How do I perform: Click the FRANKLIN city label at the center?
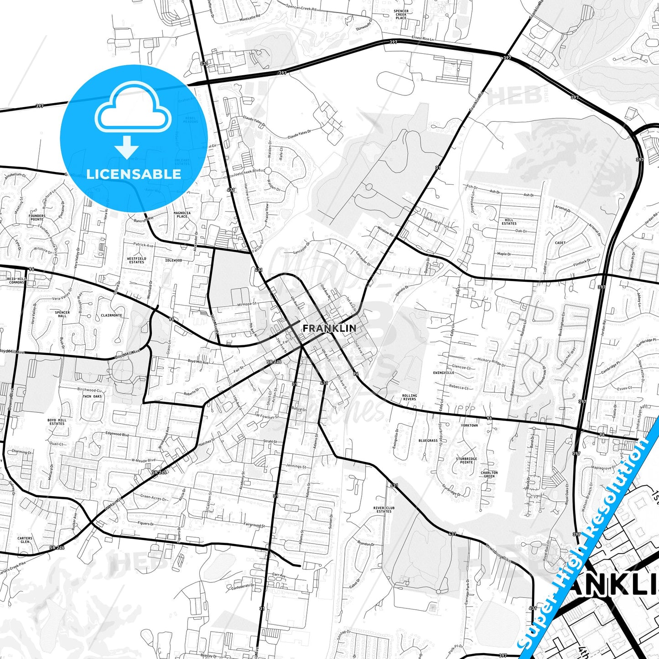pyautogui.click(x=329, y=328)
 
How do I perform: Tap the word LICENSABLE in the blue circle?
pyautogui.click(x=134, y=174)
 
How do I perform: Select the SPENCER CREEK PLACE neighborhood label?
pyautogui.click(x=401, y=14)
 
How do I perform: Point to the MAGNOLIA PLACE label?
pyautogui.click(x=182, y=214)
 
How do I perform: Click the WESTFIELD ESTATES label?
pyautogui.click(x=136, y=260)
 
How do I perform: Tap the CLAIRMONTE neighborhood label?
pyautogui.click(x=111, y=315)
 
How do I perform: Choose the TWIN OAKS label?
pyautogui.click(x=92, y=396)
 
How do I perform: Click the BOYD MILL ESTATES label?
pyautogui.click(x=57, y=422)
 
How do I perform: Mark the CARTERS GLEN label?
pyautogui.click(x=25, y=540)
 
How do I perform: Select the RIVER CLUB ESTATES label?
pyautogui.click(x=384, y=509)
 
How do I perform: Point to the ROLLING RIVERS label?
pyautogui.click(x=410, y=397)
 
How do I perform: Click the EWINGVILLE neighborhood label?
pyautogui.click(x=443, y=373)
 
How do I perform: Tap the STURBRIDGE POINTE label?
pyautogui.click(x=467, y=460)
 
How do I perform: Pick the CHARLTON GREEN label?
pyautogui.click(x=489, y=474)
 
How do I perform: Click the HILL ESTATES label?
pyautogui.click(x=509, y=222)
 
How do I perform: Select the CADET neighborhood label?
pyautogui.click(x=560, y=243)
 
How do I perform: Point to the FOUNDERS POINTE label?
pyautogui.click(x=37, y=218)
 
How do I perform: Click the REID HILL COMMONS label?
pyautogui.click(x=16, y=280)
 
